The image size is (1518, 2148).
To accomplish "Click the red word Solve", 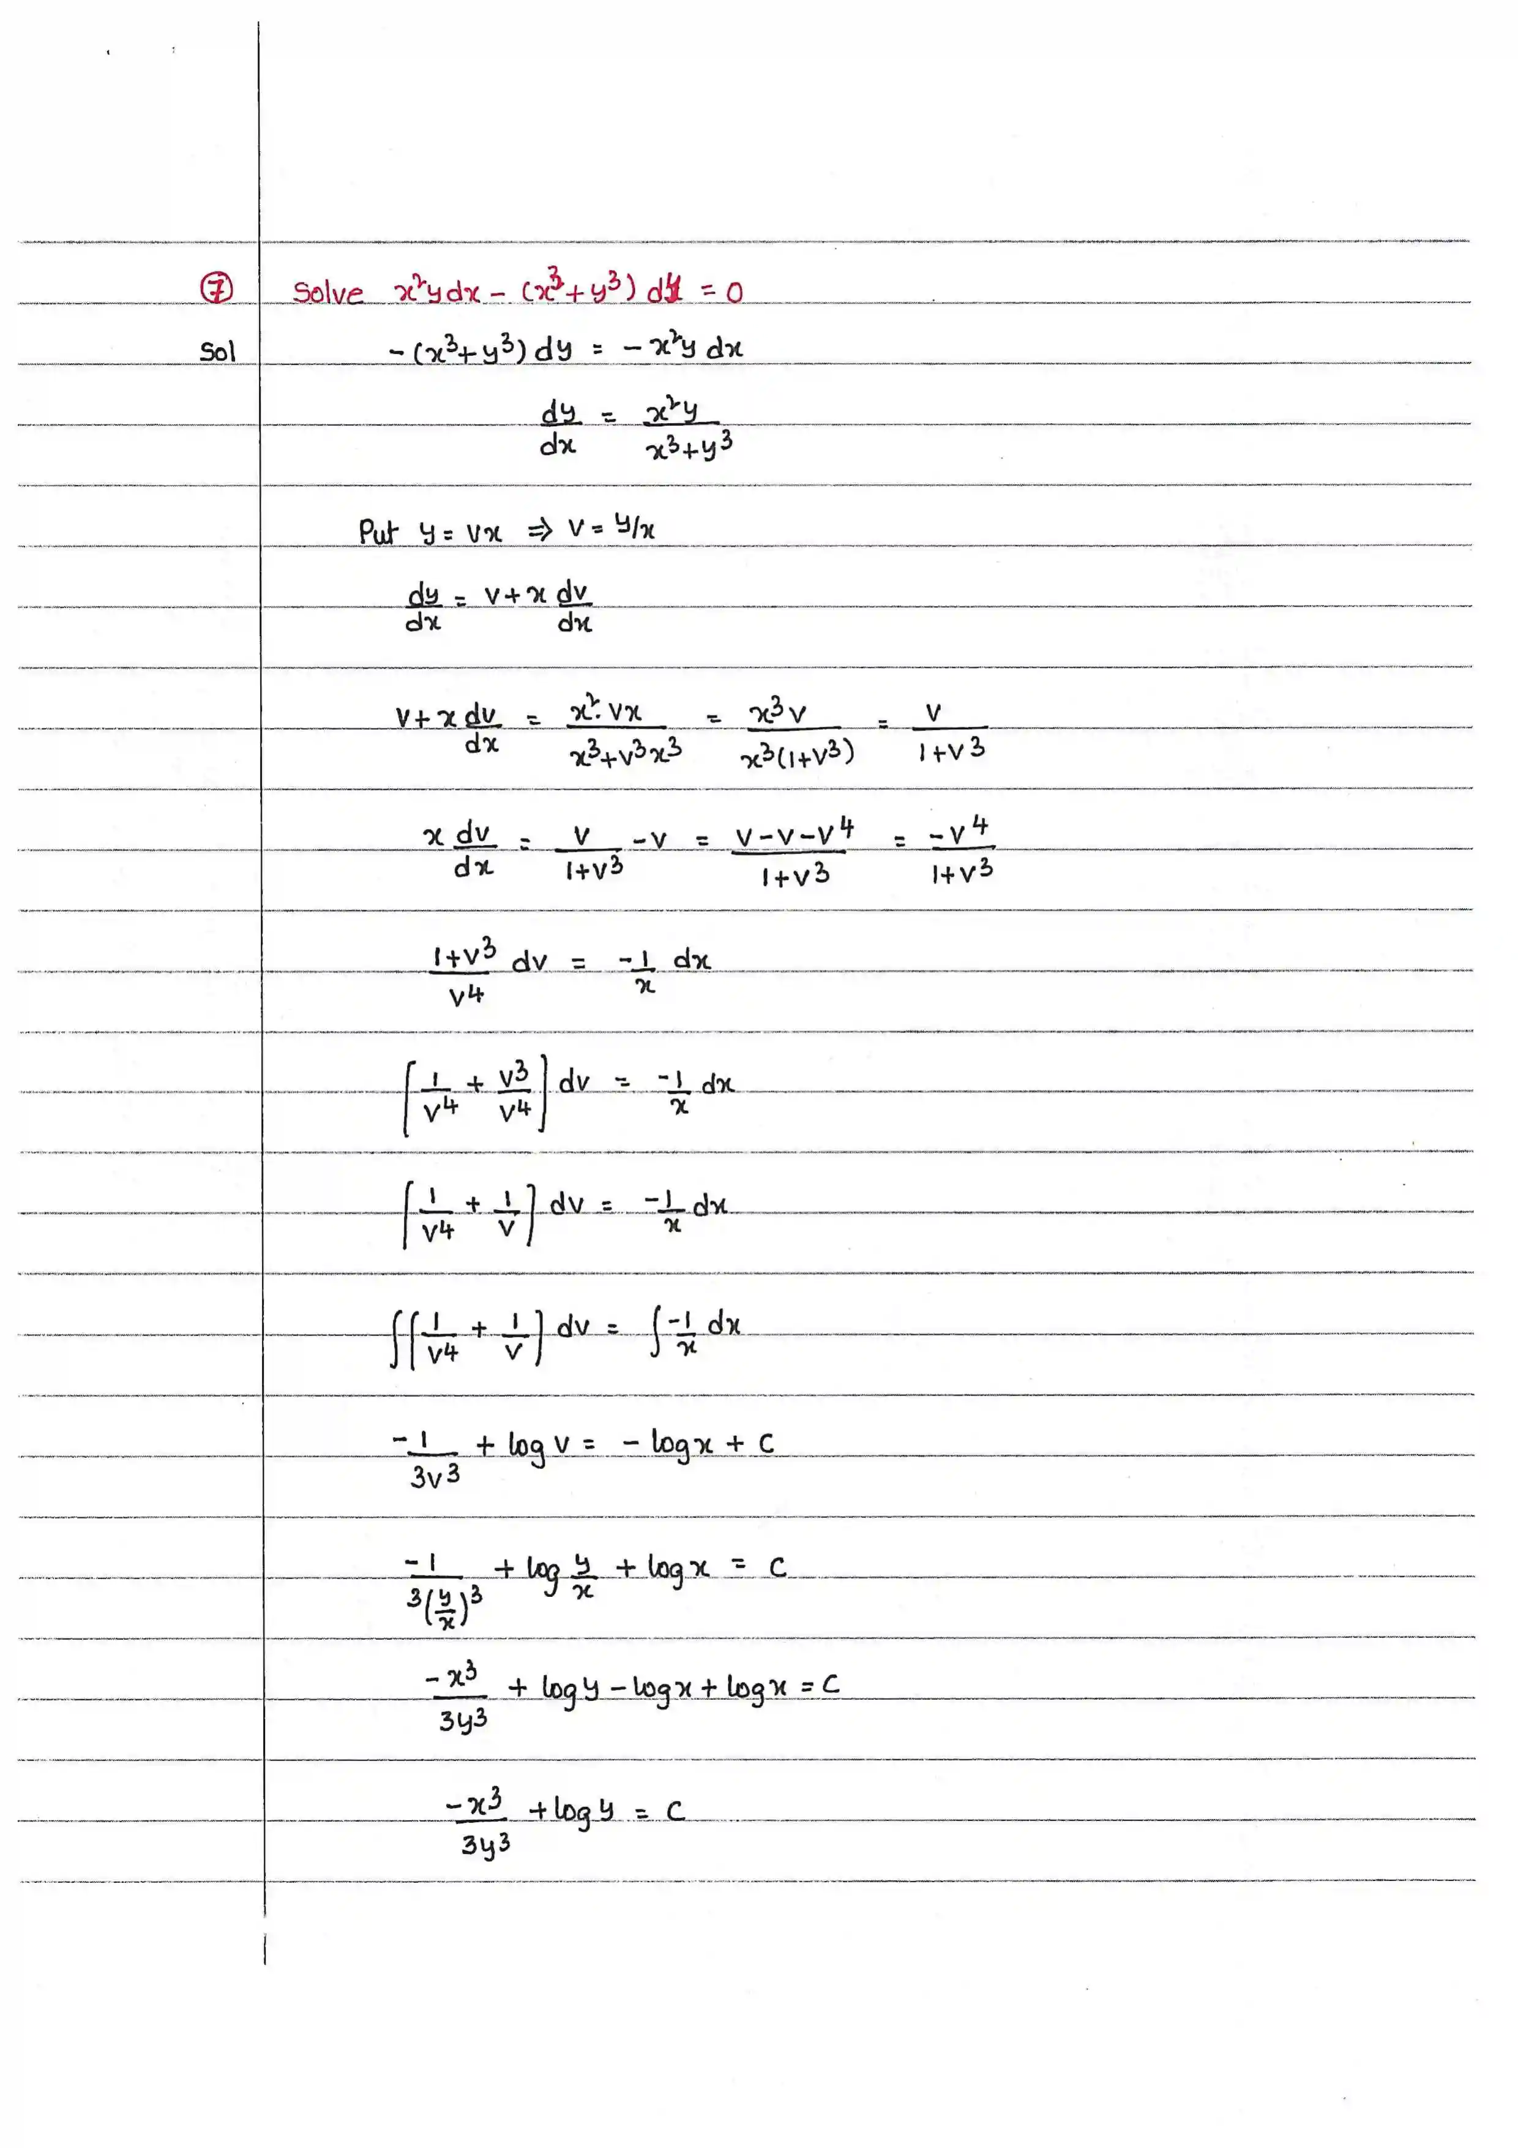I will pos(327,292).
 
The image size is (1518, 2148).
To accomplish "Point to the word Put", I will pos(378,531).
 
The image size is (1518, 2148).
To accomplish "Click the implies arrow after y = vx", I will pos(540,530).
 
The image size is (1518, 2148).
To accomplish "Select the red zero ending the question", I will pos(735,293).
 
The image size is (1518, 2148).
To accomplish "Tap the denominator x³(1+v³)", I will pos(797,754).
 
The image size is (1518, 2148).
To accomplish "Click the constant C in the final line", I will pos(675,1811).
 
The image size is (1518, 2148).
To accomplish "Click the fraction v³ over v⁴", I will pos(514,1092).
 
